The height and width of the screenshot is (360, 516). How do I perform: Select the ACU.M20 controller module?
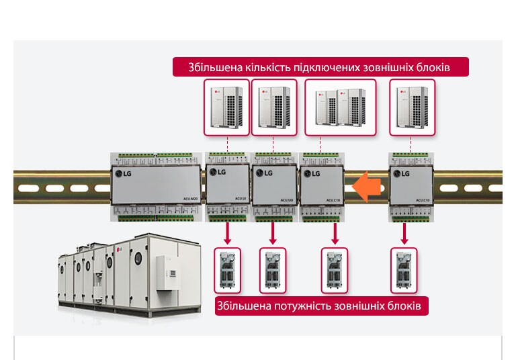click(156, 186)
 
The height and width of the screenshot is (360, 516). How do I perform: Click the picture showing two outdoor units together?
click(337, 107)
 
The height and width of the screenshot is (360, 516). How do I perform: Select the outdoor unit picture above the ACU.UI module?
click(227, 107)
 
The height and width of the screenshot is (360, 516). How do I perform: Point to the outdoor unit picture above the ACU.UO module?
click(273, 107)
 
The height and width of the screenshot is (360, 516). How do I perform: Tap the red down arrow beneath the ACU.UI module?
click(227, 233)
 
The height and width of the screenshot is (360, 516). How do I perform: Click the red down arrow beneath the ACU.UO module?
click(273, 233)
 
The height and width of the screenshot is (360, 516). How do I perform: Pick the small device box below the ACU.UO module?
click(273, 270)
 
